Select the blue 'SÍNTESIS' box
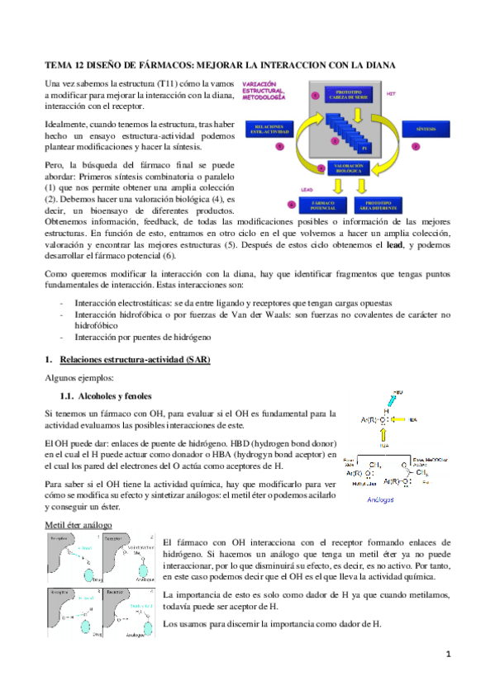(x=428, y=129)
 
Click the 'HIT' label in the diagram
(x=391, y=93)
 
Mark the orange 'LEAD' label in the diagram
(x=306, y=187)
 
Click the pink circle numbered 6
(x=291, y=203)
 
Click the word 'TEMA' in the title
(x=58, y=64)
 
